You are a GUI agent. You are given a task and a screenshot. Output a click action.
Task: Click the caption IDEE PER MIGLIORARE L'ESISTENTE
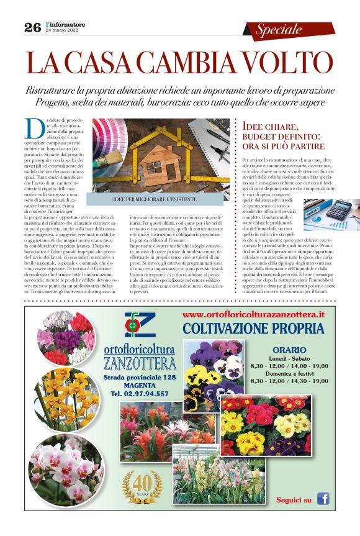click(155, 199)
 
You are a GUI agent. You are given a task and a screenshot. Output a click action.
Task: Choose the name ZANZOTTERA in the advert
click(140, 363)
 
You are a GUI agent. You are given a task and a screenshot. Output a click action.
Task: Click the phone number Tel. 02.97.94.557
click(140, 394)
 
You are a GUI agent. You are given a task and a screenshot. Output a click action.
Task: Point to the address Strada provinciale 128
click(140, 377)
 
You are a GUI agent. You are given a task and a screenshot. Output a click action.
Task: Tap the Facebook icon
click(323, 499)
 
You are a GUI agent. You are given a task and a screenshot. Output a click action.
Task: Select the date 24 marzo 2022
click(62, 30)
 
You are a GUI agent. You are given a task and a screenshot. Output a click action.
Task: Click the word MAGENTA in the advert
click(140, 386)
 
